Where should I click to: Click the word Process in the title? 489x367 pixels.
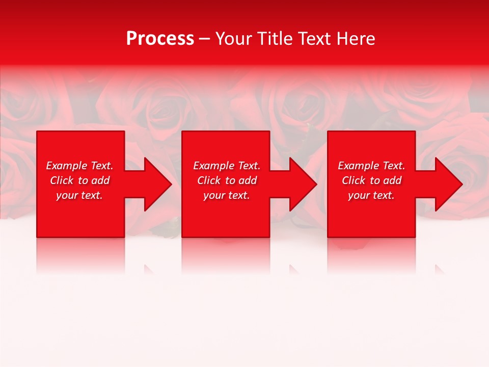click(160, 39)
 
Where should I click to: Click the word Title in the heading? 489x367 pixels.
click(276, 39)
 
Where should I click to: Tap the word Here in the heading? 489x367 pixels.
click(356, 39)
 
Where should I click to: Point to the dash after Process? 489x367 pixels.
click(204, 39)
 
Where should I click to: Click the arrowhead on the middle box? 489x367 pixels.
click(302, 184)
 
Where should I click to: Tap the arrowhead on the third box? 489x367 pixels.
click(448, 184)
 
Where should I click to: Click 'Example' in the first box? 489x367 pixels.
click(67, 166)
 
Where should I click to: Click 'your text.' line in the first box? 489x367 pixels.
click(79, 195)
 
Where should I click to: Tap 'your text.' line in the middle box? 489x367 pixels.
click(227, 195)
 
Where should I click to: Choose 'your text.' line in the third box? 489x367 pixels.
click(371, 195)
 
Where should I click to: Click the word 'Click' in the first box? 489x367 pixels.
click(61, 180)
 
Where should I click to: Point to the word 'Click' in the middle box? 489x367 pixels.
click(208, 180)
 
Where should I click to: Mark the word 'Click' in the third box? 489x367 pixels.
click(353, 180)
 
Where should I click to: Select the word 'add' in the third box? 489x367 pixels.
click(392, 180)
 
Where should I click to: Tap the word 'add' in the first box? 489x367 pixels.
click(100, 180)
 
